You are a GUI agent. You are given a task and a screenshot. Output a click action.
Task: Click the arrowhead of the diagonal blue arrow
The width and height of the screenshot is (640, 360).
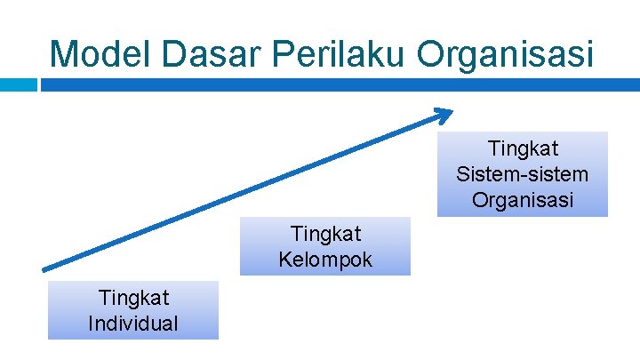444,114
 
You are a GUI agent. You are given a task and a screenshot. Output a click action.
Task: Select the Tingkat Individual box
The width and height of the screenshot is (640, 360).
132,310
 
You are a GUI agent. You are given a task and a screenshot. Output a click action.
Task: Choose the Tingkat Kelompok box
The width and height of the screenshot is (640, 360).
325,246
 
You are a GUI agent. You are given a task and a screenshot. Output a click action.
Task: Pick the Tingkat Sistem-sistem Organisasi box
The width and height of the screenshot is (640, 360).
522,174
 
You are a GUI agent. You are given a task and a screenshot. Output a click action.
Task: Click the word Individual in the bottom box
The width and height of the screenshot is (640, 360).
132,323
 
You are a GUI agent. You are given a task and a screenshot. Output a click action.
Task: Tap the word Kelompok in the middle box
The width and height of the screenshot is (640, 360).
325,260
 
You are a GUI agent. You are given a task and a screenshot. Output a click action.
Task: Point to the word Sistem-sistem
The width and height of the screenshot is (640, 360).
522,174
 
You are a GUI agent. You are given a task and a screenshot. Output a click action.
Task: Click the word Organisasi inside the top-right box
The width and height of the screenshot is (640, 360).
522,200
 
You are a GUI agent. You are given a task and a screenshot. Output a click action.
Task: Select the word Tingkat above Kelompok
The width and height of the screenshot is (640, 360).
325,234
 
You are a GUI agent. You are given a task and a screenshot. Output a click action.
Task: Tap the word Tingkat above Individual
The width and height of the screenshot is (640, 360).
132,297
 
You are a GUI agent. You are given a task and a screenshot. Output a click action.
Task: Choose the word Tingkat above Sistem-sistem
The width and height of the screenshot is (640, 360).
523,148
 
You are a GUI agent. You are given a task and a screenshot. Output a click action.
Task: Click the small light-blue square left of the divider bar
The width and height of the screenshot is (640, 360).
19,85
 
